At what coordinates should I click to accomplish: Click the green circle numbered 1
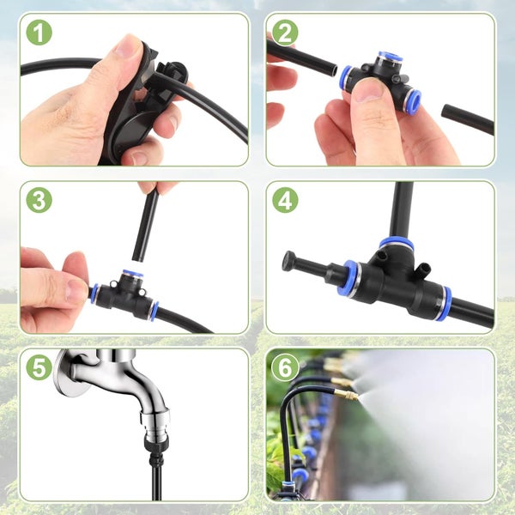point(39,33)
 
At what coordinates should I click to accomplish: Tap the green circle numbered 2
point(286,33)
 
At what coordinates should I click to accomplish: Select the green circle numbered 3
point(39,200)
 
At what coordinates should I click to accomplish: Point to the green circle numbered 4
point(286,200)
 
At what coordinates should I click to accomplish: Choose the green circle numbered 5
point(39,367)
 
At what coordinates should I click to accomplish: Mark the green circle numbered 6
point(286,367)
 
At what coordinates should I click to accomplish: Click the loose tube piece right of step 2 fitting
point(467,118)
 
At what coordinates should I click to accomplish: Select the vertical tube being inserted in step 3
point(146,226)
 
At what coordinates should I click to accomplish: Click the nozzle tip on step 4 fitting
point(290,259)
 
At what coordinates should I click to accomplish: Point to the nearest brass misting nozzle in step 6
point(348,396)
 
